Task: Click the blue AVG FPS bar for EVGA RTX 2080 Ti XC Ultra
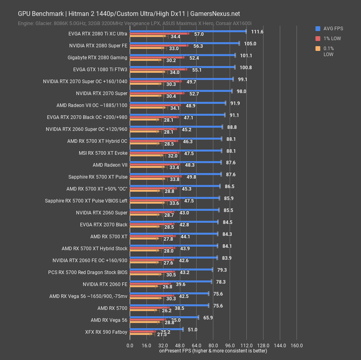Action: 188,31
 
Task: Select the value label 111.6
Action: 257,32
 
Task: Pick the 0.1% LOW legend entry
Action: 328,51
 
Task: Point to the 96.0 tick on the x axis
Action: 230,345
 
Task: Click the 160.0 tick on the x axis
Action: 297,345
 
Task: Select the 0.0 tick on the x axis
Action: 130,345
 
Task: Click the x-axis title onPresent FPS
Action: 213,351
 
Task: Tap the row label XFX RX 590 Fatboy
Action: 106,332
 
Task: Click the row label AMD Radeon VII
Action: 110,165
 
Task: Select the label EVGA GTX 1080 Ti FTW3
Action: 100,69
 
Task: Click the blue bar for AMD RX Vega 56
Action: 164,317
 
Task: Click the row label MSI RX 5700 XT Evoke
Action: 103,153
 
